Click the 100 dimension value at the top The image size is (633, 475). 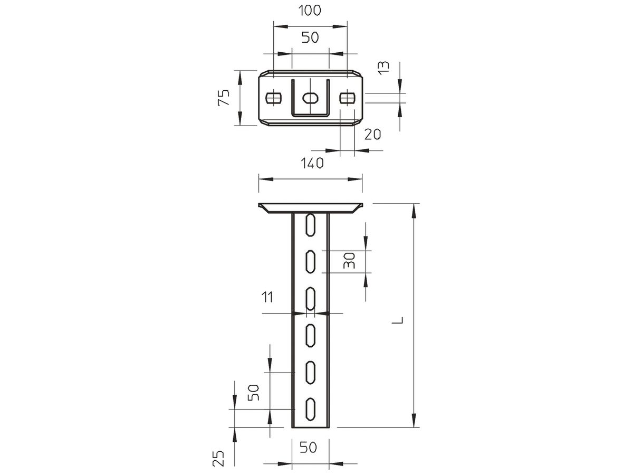click(310, 11)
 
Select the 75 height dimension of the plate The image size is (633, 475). click(224, 98)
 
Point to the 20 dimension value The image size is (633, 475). click(373, 135)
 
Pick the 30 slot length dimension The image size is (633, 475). click(349, 261)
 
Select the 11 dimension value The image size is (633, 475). click(267, 298)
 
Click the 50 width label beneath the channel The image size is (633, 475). click(309, 448)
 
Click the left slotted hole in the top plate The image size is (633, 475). click(273, 98)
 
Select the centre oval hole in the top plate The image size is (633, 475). click(310, 98)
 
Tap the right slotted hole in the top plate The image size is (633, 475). click(347, 98)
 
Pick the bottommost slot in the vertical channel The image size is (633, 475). click(310, 408)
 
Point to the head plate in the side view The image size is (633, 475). click(310, 207)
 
